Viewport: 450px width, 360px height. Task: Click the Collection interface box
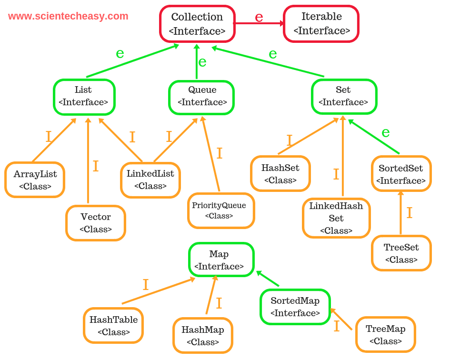tap(198, 24)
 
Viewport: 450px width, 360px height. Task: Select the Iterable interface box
tap(321, 23)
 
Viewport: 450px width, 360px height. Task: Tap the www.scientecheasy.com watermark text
tap(68, 16)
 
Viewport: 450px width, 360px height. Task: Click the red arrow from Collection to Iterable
tap(260, 23)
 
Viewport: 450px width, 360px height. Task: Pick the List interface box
tap(84, 97)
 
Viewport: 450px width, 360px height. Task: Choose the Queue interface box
tap(201, 98)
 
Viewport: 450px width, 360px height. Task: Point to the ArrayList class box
tap(35, 180)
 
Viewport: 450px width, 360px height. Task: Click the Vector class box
tap(96, 223)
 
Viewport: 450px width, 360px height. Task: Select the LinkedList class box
tap(150, 180)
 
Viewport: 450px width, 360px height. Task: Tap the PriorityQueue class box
tap(221, 211)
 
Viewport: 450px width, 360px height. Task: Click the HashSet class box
tap(280, 173)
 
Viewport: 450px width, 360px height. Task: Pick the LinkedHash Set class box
tap(336, 218)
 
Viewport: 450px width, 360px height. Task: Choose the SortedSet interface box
tap(401, 174)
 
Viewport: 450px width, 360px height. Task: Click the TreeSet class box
tap(401, 253)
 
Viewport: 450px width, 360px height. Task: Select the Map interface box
tap(221, 260)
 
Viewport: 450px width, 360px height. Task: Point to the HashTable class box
tap(113, 326)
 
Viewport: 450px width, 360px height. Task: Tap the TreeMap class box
tap(386, 334)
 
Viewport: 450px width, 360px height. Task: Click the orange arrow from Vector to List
tap(88, 160)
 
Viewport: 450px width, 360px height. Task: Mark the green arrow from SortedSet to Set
tap(374, 136)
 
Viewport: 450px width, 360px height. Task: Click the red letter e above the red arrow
tap(259, 17)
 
